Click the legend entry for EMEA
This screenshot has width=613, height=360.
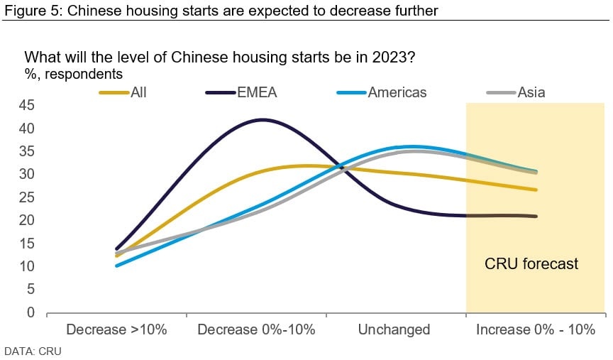pos(241,92)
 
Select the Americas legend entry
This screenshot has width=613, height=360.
pos(382,92)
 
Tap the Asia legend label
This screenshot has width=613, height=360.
pos(516,92)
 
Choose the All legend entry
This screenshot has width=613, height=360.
pos(123,92)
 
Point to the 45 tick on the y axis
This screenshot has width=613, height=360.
pos(26,105)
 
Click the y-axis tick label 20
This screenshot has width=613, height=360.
pos(26,220)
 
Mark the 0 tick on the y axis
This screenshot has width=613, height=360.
pos(31,312)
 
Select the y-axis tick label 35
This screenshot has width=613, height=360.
pos(26,151)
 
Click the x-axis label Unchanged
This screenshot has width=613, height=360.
pos(394,329)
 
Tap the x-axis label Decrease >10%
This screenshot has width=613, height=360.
pos(116,329)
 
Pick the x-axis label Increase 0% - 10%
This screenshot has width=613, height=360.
pos(536,329)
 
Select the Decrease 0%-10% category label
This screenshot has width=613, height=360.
pos(256,329)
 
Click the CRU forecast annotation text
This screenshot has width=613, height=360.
pos(531,263)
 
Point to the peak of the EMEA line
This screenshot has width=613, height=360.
pos(263,120)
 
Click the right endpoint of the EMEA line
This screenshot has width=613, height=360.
pos(536,216)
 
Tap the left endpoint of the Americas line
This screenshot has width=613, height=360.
pos(116,266)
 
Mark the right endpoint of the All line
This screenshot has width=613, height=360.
pos(536,190)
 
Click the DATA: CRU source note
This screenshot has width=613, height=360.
pos(33,351)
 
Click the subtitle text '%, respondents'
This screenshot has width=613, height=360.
pos(74,74)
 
